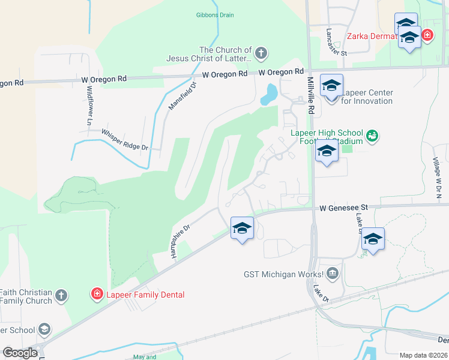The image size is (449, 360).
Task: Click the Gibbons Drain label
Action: click(214, 15)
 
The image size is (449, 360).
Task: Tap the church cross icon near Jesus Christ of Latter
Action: click(261, 53)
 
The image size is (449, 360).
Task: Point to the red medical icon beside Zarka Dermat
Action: click(427, 35)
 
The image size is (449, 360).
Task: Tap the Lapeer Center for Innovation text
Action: click(367, 97)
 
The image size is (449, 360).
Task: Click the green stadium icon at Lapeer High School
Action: click(372, 136)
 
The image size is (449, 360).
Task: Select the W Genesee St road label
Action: click(342, 208)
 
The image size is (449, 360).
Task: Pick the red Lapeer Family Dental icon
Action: click(96, 294)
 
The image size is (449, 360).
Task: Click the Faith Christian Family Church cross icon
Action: click(61, 295)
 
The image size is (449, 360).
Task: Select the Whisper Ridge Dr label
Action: click(124, 140)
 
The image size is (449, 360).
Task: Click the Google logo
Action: click(20, 353)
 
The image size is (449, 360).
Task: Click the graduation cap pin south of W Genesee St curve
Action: click(242, 228)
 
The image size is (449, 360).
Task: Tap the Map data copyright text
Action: click(423, 355)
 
